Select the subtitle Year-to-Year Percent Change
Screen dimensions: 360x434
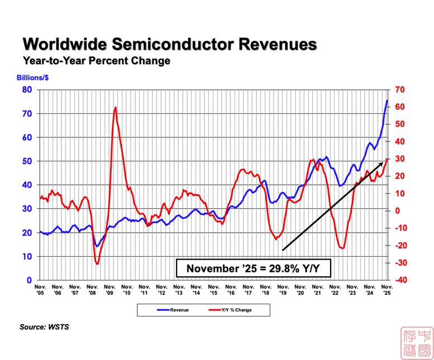pos(96,60)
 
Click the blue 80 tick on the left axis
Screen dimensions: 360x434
pos(27,90)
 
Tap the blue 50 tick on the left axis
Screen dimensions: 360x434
pos(27,161)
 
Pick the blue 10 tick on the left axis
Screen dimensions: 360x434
pos(27,256)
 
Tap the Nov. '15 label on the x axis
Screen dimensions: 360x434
pos(213,289)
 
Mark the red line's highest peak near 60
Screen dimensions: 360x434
pos(116,107)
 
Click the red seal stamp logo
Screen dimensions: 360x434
pos(416,342)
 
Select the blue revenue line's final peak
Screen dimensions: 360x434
pos(388,100)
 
